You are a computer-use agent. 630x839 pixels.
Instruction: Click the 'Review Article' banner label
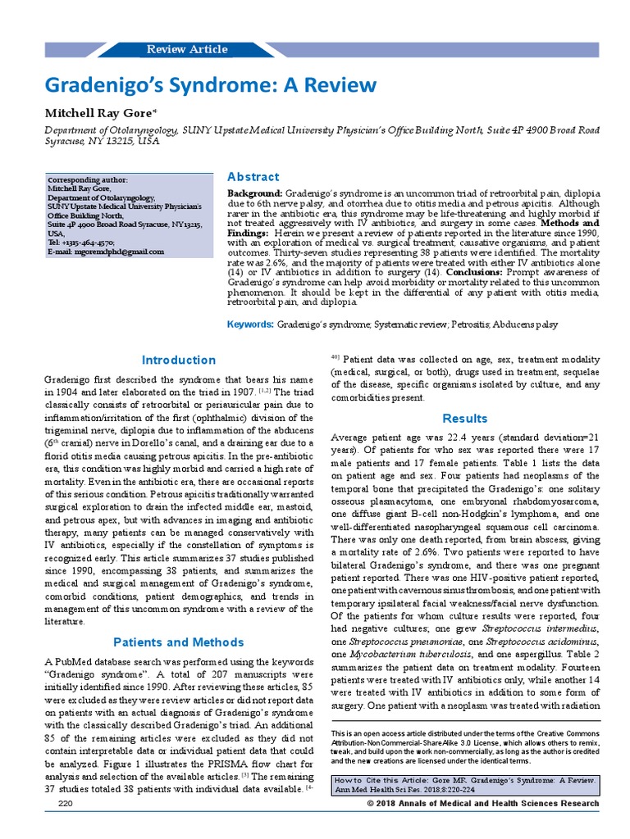[187, 49]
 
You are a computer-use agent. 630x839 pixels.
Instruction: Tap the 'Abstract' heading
[253, 177]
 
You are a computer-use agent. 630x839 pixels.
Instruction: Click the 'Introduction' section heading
[179, 360]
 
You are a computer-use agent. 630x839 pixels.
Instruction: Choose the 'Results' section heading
[464, 418]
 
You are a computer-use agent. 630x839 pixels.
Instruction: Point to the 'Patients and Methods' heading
[179, 642]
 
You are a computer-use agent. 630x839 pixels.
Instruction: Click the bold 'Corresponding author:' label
[88, 179]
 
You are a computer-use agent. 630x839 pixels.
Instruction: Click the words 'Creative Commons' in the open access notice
[560, 731]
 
